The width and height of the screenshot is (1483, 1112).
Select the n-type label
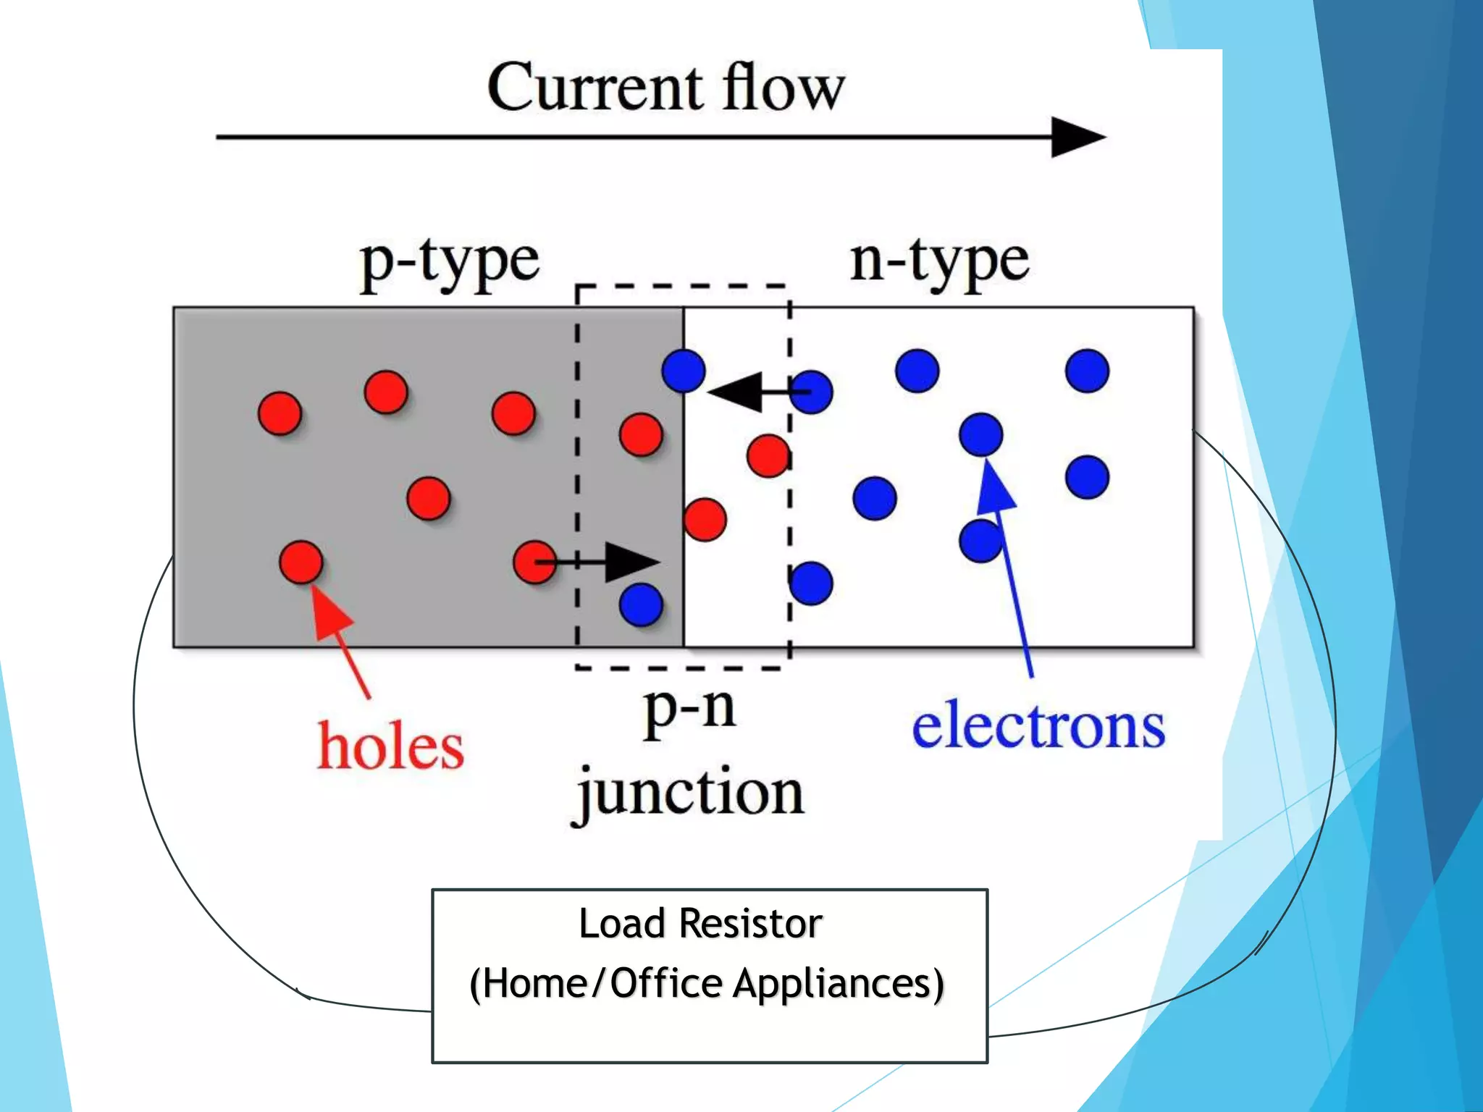938,262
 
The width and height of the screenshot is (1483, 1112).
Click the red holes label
391,746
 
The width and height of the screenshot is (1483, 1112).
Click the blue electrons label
1038,727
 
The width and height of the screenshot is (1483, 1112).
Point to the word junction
688,794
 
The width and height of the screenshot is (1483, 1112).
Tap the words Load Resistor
700,924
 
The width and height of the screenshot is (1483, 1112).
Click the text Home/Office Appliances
707,983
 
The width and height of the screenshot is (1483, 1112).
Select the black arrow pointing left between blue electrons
746,392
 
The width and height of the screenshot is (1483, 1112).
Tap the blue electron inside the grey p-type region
641,604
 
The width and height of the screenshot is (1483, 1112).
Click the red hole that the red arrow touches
301,562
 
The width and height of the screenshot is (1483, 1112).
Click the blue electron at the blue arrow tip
980,434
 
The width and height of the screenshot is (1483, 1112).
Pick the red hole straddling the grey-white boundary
704,519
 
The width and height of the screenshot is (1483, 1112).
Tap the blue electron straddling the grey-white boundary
684,371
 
